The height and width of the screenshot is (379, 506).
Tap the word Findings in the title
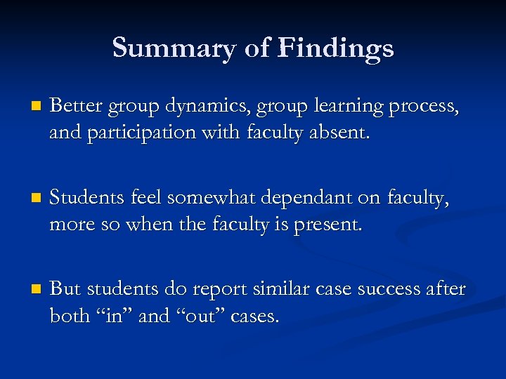tap(336, 48)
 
